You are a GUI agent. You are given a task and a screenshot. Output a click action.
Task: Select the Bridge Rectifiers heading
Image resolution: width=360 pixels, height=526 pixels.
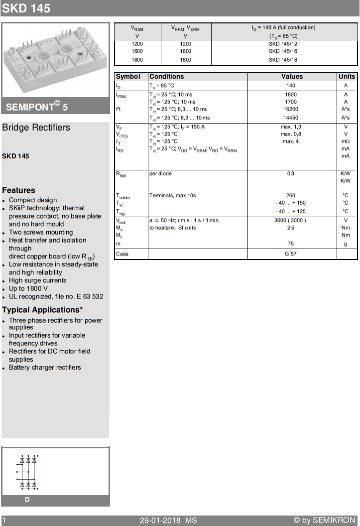coord(36,128)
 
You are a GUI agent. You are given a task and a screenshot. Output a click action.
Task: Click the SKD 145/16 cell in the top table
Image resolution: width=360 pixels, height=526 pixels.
coord(283,51)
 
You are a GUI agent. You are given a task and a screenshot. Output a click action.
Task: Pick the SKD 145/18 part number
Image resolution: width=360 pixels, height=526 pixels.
coord(283,60)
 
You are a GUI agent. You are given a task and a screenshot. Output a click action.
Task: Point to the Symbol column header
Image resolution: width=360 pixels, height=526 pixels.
coord(128,77)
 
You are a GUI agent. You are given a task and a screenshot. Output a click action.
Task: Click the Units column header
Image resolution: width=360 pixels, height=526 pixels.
coord(347,77)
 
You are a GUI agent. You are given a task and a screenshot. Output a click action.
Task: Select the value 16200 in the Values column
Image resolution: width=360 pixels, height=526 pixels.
coord(291,109)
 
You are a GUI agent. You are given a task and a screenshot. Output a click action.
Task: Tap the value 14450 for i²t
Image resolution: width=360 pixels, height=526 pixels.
coord(291,118)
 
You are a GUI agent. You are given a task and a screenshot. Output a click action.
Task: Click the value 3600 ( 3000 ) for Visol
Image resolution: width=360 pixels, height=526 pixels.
coord(291,220)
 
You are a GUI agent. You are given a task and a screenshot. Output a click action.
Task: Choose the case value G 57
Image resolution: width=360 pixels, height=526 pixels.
coord(291,254)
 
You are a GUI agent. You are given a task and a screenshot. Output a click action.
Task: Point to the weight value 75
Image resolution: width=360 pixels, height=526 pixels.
coord(291,244)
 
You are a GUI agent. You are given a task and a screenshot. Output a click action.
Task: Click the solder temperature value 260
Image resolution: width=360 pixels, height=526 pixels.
coord(291,195)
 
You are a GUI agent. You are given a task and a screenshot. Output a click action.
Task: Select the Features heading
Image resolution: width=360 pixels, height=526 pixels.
coord(18,190)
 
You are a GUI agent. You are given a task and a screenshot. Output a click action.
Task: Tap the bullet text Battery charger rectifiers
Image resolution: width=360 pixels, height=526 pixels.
coord(45,368)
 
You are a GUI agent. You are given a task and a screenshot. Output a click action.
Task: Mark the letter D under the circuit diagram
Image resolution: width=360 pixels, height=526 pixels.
coord(27,500)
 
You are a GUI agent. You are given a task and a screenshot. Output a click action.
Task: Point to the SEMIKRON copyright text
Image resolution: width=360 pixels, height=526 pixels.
coord(324,520)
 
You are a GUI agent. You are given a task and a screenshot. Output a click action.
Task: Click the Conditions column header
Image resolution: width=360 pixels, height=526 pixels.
coord(167,77)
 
